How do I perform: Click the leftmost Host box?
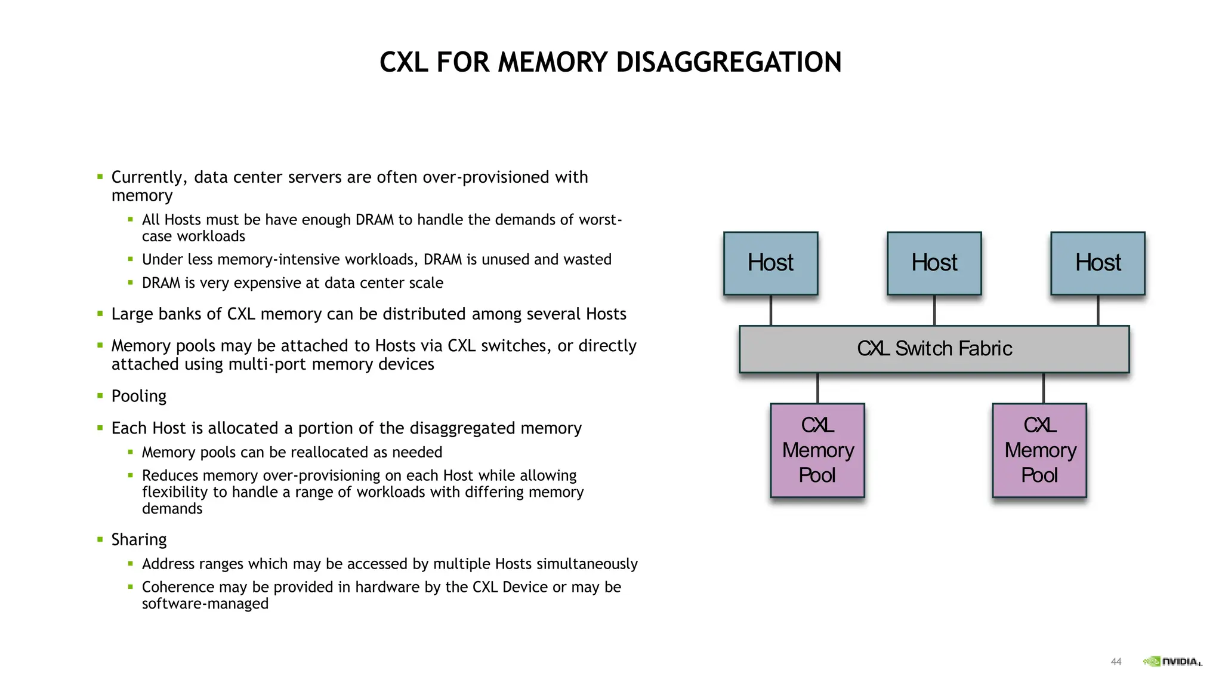[770, 263]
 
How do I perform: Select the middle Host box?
[934, 263]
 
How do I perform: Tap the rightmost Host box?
[1097, 263]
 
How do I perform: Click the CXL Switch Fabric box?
[934, 349]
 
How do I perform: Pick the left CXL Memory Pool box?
[817, 450]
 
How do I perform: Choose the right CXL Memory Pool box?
[1039, 450]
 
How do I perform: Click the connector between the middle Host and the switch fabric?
[934, 310]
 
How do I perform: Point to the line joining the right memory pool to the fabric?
[1043, 388]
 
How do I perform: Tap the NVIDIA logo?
[1172, 661]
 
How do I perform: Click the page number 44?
[1116, 662]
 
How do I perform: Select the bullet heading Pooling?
[138, 397]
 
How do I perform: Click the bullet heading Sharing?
[138, 540]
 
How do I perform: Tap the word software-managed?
[205, 604]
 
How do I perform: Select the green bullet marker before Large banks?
[100, 314]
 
